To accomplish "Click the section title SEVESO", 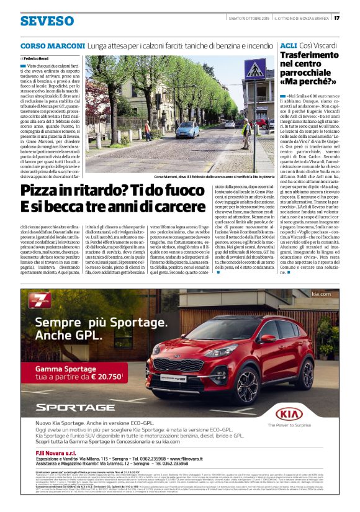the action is tap(47, 21).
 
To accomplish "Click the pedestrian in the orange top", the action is tap(148, 130).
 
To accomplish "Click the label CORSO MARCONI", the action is tap(53, 46).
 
